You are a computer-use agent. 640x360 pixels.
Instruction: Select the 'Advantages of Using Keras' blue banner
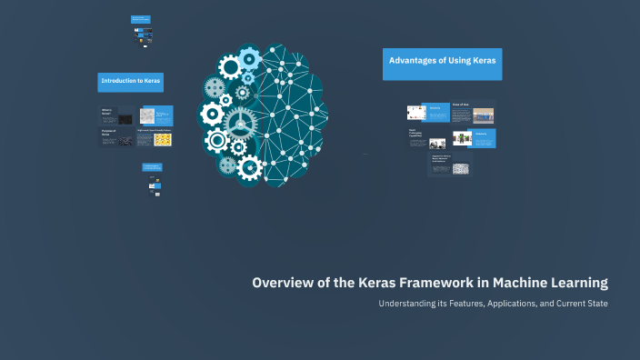(442, 62)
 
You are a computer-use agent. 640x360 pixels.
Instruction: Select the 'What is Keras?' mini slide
(116, 115)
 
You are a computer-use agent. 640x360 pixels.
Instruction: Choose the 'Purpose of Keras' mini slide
(116, 137)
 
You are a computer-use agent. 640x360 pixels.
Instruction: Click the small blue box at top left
(141, 19)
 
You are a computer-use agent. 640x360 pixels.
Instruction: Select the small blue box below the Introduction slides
(152, 167)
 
